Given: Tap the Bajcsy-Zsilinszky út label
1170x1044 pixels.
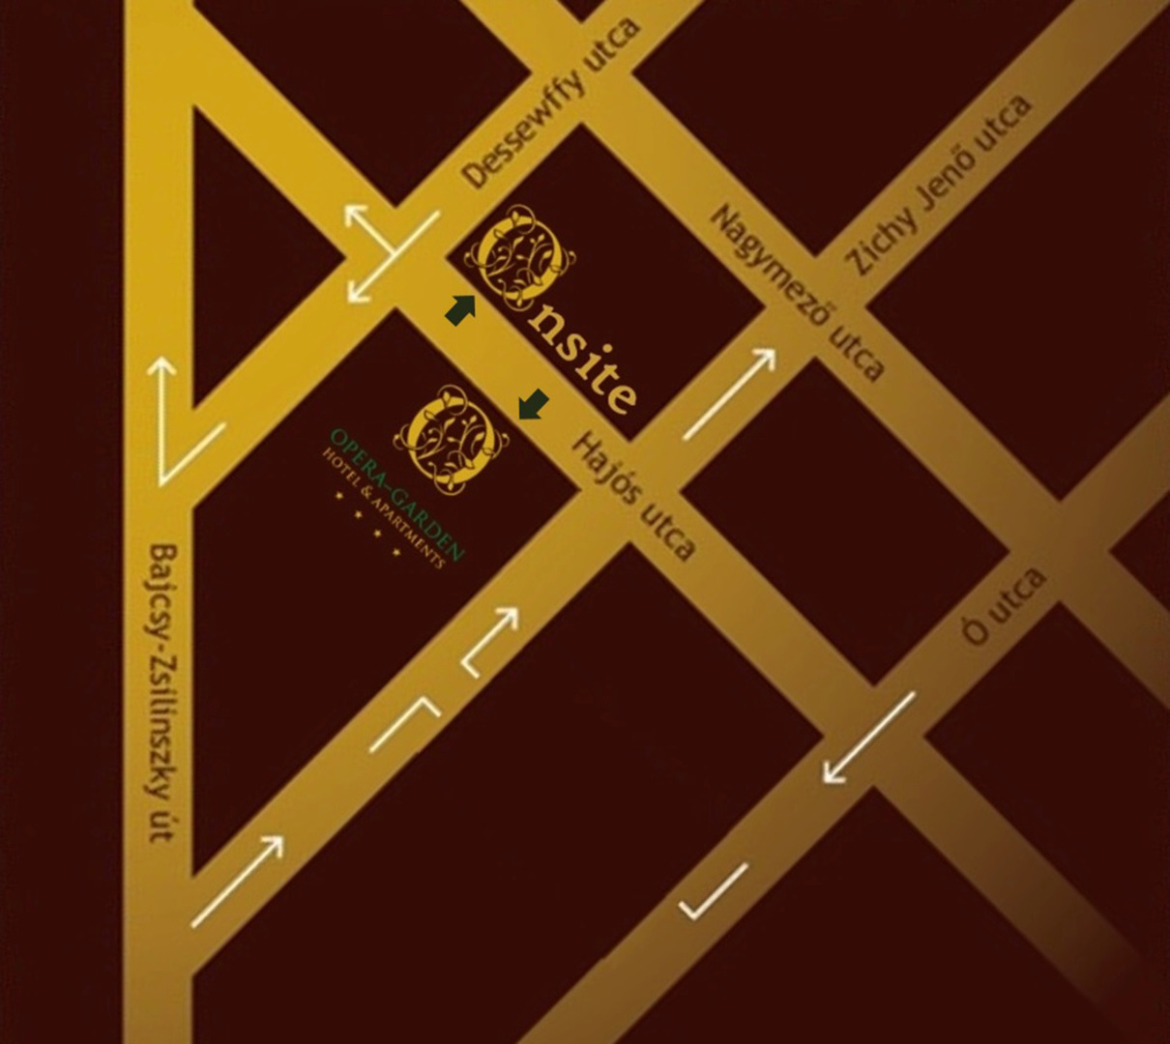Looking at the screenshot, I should coord(163,692).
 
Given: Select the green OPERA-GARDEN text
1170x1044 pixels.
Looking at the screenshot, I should coord(397,494).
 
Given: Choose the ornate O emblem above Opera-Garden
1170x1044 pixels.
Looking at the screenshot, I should coord(450,437).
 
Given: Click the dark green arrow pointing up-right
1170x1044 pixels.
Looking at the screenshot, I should coord(460,309).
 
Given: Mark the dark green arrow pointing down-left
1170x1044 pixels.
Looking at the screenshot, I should coord(533,405).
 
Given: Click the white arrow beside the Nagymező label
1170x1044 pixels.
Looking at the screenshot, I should coord(731,392).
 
